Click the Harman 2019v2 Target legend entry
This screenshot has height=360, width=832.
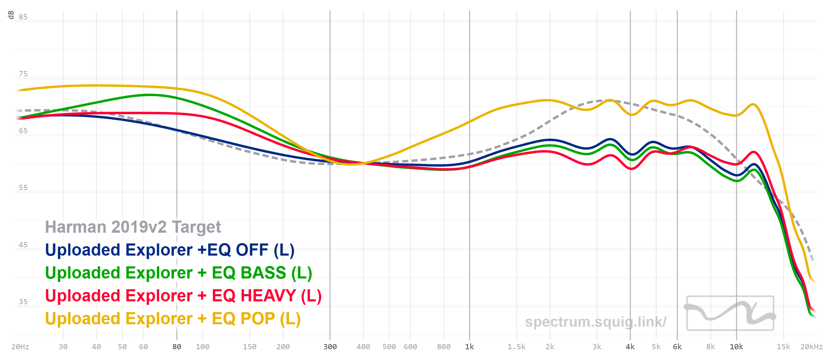pyautogui.click(x=133, y=227)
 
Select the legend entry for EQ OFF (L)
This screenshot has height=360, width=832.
pyautogui.click(x=170, y=250)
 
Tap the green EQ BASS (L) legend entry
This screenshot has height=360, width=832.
pyautogui.click(x=179, y=273)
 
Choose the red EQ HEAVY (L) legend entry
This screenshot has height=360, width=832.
pyautogui.click(x=183, y=296)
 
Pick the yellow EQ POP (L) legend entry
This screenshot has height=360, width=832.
pyautogui.click(x=173, y=319)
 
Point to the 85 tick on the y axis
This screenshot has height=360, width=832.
pyautogui.click(x=23, y=17)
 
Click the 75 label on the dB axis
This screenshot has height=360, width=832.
pyautogui.click(x=23, y=74)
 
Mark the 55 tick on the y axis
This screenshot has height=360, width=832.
pyautogui.click(x=23, y=188)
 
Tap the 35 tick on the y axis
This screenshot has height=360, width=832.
pyautogui.click(x=23, y=302)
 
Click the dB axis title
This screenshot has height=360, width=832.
pyautogui.click(x=11, y=15)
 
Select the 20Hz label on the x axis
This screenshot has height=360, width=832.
pyautogui.click(x=20, y=347)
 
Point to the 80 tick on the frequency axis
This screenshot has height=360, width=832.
pyautogui.click(x=177, y=347)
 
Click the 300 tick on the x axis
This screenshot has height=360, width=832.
pyautogui.click(x=330, y=347)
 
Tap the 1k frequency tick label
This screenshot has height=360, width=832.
pyautogui.click(x=469, y=347)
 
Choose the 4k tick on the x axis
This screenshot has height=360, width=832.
pyautogui.click(x=630, y=347)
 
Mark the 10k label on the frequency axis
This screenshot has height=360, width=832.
pyautogui.click(x=736, y=347)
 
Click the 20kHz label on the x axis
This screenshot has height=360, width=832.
pyautogui.click(x=811, y=347)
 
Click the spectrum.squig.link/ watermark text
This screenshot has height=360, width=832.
pyautogui.click(x=595, y=322)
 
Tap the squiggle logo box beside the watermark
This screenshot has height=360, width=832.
pyautogui.click(x=730, y=313)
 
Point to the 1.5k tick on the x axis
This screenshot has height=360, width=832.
pyautogui.click(x=517, y=347)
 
